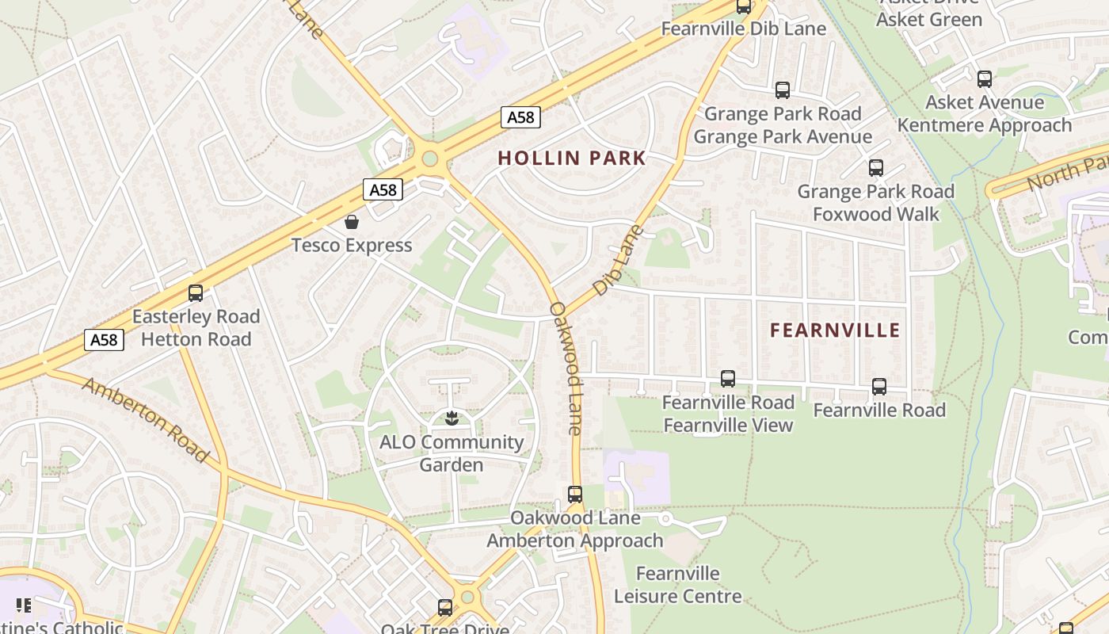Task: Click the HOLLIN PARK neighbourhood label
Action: tap(572, 158)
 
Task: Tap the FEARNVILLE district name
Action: tap(835, 330)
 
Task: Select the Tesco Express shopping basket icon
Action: tap(352, 222)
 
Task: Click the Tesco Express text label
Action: tap(352, 246)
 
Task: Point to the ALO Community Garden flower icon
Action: tap(452, 417)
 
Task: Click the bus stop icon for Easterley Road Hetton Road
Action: tap(196, 293)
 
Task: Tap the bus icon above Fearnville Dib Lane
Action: tap(744, 6)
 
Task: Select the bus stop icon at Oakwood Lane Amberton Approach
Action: tap(575, 495)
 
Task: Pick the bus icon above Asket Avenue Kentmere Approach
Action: tap(985, 79)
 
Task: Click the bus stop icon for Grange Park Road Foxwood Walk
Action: tap(876, 168)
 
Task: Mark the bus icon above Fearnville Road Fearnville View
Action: tap(728, 379)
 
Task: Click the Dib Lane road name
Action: tap(618, 260)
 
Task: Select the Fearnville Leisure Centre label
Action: tap(678, 585)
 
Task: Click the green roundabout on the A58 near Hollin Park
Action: tap(430, 158)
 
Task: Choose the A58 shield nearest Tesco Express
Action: tap(383, 189)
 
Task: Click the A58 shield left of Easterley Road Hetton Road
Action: tap(104, 340)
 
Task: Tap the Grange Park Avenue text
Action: tap(783, 136)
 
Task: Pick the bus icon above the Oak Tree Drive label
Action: tap(446, 608)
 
